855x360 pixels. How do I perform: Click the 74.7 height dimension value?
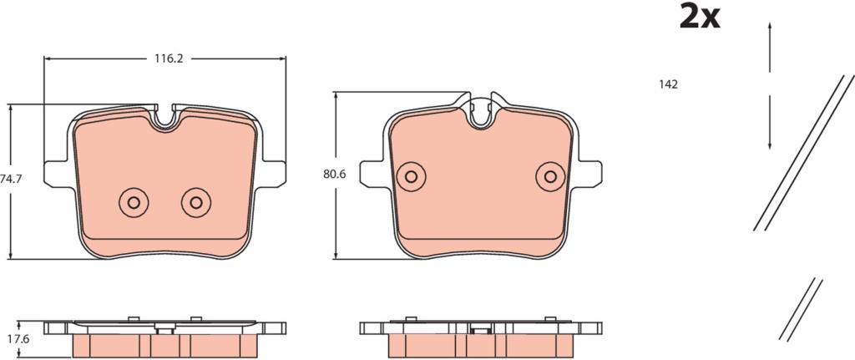pyautogui.click(x=8, y=179)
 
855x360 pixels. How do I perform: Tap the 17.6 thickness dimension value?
pyautogui.click(x=20, y=339)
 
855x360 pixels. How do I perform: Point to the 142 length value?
pyautogui.click(x=668, y=84)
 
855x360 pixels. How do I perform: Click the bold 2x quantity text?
pyautogui.click(x=700, y=17)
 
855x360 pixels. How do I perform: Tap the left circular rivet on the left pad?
pyautogui.click(x=134, y=203)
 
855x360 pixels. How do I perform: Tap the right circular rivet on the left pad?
pyautogui.click(x=195, y=203)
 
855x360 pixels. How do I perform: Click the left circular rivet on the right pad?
pyautogui.click(x=411, y=177)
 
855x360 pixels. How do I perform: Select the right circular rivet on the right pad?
pyautogui.click(x=550, y=177)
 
